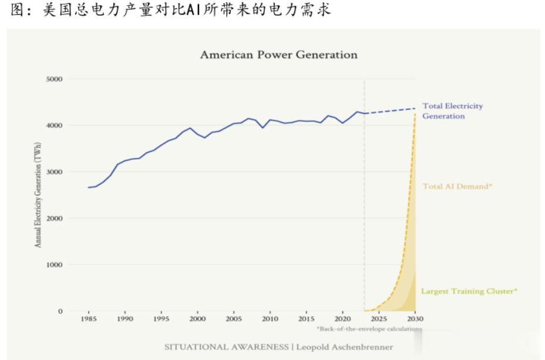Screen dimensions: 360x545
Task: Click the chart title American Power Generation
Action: (x=278, y=55)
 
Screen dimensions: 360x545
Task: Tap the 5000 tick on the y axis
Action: (x=55, y=79)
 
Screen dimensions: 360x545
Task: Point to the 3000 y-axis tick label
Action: (x=55, y=172)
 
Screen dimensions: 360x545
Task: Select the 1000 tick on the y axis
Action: (x=55, y=265)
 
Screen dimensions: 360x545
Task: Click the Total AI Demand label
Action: (x=457, y=186)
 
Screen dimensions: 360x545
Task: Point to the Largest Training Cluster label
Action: (x=469, y=291)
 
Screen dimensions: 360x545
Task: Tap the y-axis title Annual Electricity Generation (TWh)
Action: (x=39, y=194)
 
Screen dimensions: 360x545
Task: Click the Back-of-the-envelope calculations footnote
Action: (x=369, y=329)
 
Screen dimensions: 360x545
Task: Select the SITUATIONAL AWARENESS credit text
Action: (x=227, y=347)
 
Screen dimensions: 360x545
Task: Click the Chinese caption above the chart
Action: (x=170, y=10)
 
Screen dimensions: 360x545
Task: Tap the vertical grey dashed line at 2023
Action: (x=365, y=206)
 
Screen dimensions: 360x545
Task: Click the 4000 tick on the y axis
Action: (x=55, y=126)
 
